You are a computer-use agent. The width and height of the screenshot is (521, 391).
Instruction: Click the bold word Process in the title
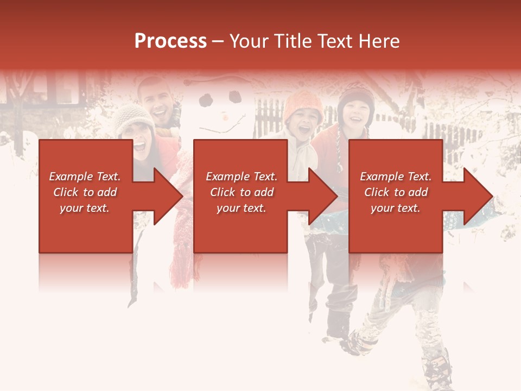(x=170, y=41)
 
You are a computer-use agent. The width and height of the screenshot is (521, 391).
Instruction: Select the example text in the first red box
(x=85, y=192)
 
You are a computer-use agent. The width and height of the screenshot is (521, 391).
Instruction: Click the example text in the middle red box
(x=242, y=192)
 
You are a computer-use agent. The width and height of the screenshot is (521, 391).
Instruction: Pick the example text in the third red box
(x=396, y=192)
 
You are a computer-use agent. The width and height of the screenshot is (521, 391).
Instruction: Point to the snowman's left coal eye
(x=206, y=100)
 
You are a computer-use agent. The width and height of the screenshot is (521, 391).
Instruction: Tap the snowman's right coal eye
(x=234, y=97)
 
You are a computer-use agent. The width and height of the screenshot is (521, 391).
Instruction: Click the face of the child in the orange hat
(x=302, y=124)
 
